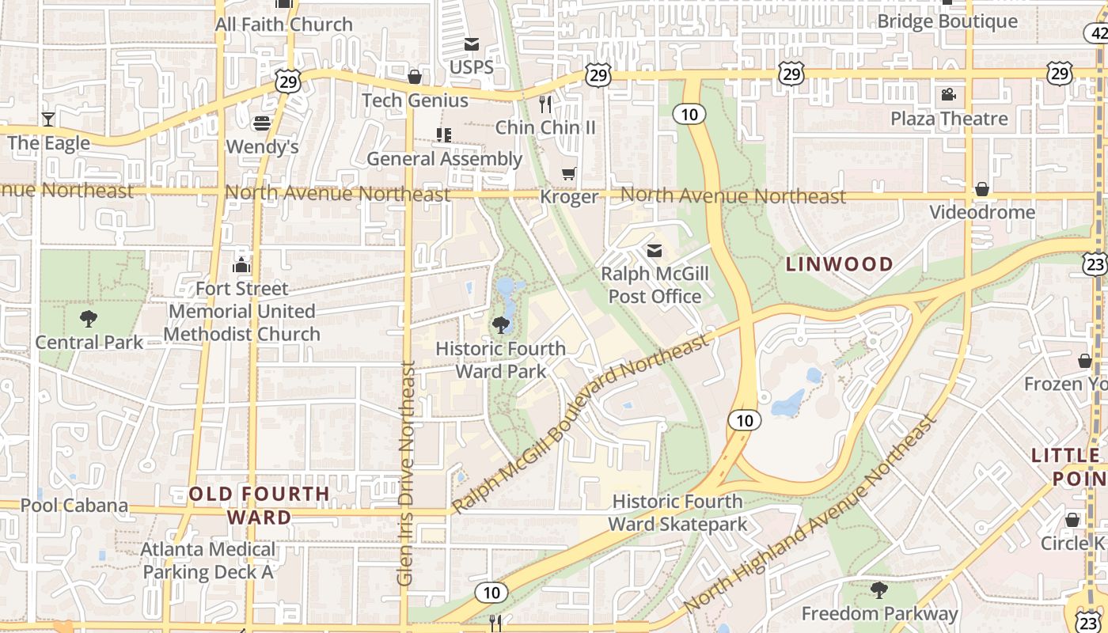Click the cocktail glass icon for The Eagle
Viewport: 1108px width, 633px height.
pyautogui.click(x=48, y=119)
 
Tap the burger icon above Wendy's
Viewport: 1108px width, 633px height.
pyautogui.click(x=262, y=123)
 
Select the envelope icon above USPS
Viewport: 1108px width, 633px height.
pyautogui.click(x=472, y=44)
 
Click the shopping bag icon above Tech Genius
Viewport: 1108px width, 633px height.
pyautogui.click(x=414, y=77)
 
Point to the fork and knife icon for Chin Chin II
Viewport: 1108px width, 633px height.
pyautogui.click(x=545, y=104)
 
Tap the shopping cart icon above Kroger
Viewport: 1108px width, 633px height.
pyautogui.click(x=568, y=173)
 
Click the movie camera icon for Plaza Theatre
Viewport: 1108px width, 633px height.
pyautogui.click(x=948, y=96)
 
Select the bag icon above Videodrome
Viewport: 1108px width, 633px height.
pyautogui.click(x=981, y=189)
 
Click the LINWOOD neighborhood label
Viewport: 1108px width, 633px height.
pyautogui.click(x=840, y=264)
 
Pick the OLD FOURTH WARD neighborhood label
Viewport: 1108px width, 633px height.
pyautogui.click(x=260, y=506)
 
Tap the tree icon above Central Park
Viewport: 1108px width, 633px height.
pyautogui.click(x=89, y=319)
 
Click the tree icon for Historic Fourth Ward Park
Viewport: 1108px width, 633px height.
pyautogui.click(x=500, y=324)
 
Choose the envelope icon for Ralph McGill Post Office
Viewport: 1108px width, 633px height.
pyautogui.click(x=655, y=251)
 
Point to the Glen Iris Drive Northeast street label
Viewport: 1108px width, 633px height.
pyautogui.click(x=406, y=473)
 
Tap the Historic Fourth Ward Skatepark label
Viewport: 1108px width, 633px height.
pyautogui.click(x=677, y=513)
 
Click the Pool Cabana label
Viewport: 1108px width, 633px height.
pyautogui.click(x=74, y=506)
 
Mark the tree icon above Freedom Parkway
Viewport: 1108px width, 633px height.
pyautogui.click(x=878, y=589)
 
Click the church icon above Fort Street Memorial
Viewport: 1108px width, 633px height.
pyautogui.click(x=241, y=265)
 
